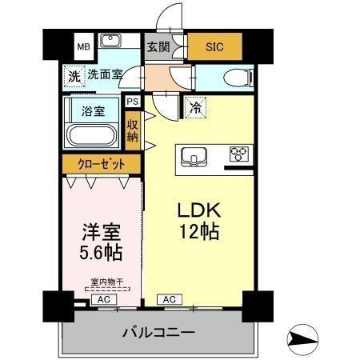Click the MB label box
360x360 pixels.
[82, 46]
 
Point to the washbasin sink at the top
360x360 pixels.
[110, 42]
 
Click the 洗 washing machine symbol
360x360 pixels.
[73, 78]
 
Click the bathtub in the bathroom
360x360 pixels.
[93, 135]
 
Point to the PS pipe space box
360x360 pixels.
[132, 102]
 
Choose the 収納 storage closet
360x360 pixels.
[132, 129]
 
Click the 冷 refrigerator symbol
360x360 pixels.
[194, 104]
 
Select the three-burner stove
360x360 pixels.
[239, 154]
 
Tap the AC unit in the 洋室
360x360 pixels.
[102, 299]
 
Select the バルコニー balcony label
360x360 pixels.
[158, 331]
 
